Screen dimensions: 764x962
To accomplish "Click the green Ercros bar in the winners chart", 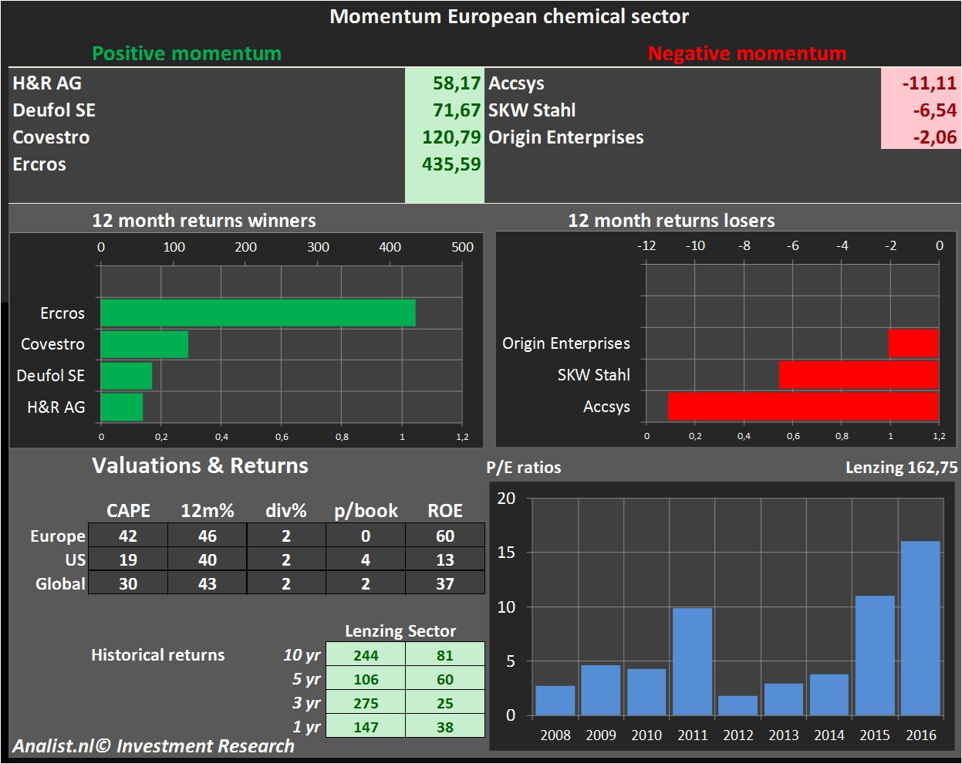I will [258, 313].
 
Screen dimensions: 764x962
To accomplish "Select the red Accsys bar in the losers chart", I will [803, 406].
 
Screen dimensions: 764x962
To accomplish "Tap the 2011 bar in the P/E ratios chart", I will [692, 661].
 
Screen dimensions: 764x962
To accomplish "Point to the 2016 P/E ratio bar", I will [920, 628].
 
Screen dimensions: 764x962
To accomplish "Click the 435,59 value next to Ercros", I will [451, 164].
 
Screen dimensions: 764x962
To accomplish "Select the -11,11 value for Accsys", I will [929, 83].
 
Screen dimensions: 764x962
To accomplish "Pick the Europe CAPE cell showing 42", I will [128, 536].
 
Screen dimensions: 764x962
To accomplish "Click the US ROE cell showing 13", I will [445, 559].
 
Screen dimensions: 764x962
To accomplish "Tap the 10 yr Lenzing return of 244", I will [366, 655].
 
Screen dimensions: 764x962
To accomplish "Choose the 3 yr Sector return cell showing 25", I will [445, 703].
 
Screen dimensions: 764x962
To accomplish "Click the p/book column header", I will [366, 511].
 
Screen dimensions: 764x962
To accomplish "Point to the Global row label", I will [60, 583].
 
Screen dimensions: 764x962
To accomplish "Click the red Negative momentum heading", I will [747, 53].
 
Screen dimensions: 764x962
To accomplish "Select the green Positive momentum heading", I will [187, 53].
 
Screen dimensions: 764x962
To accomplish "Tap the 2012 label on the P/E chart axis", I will [738, 735].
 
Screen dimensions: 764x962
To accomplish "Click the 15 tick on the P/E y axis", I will [506, 553].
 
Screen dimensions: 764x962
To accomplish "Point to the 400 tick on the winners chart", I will [390, 247].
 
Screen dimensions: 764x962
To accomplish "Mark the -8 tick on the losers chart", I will [744, 245].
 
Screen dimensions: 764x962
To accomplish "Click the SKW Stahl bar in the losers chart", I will [859, 374].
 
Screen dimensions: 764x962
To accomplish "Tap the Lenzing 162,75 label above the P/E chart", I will [901, 468].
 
